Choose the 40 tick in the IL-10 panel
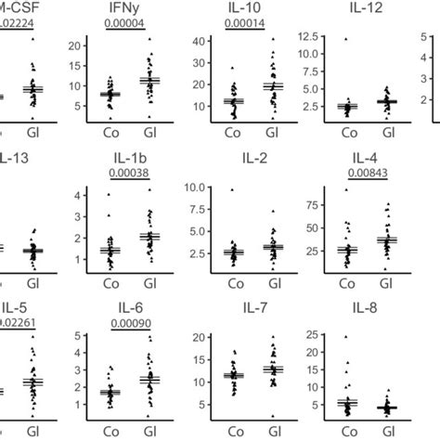pos(197,41)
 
